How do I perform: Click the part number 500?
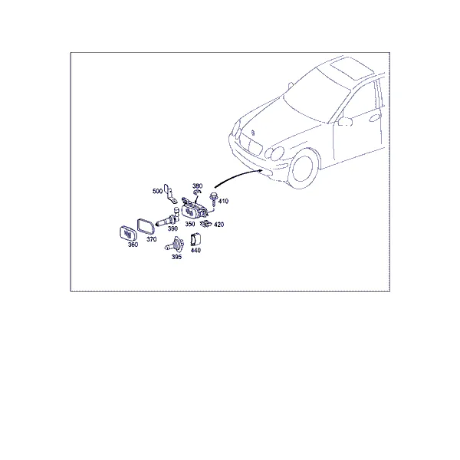point(157,191)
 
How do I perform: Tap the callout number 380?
point(198,186)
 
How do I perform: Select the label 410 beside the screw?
point(223,201)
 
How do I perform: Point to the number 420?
point(219,225)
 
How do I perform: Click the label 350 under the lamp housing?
point(190,224)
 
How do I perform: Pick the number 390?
point(172,228)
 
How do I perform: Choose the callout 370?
point(152,239)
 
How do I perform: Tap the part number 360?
point(133,245)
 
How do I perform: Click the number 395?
point(176,257)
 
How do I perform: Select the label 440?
point(195,250)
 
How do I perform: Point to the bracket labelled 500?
point(170,194)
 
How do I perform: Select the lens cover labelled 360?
point(129,234)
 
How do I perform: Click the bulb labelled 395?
point(174,245)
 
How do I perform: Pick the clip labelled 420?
point(205,224)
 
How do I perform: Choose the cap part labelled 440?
point(195,240)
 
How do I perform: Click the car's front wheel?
point(304,169)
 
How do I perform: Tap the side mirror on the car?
point(345,121)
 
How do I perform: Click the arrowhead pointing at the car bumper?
point(261,170)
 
